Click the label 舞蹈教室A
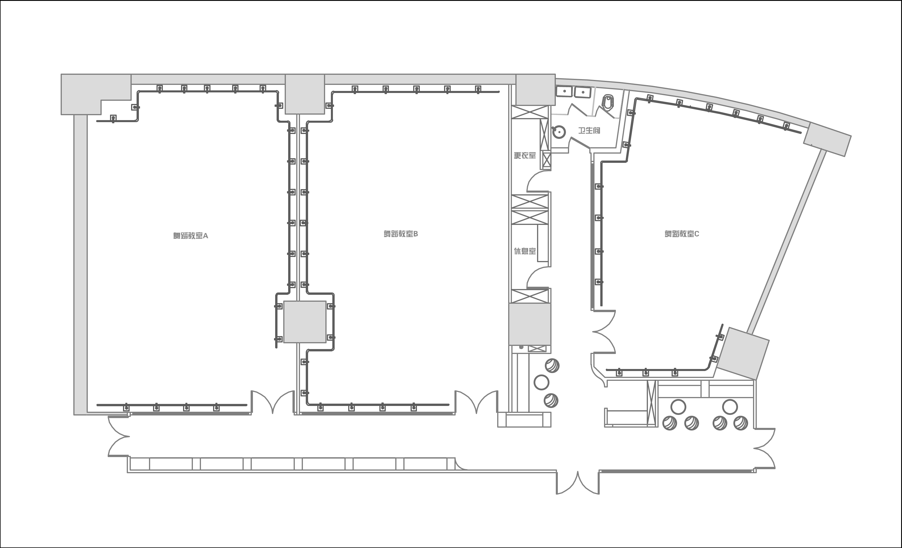190,236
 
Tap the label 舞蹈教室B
400,234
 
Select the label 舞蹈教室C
682,234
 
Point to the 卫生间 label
589,130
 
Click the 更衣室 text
525,156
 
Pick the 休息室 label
525,251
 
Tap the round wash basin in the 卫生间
559,132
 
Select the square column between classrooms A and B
305,322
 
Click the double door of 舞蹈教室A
273,400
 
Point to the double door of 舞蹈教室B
476,400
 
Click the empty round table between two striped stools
541,383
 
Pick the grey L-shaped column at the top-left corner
96,94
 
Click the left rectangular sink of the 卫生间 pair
564,91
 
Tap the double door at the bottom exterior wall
578,482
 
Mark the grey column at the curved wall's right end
827,139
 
